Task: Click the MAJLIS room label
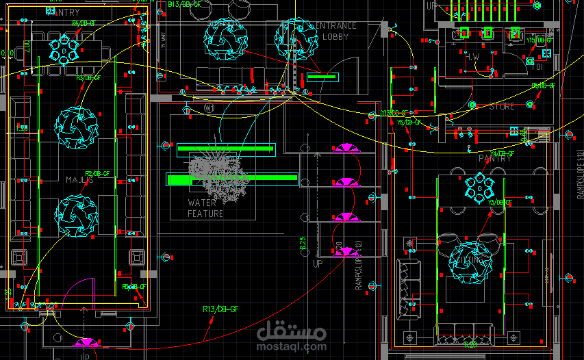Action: (80, 179)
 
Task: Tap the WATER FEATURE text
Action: (205, 208)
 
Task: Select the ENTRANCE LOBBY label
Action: (335, 31)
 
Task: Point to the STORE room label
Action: (502, 107)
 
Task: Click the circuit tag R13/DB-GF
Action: (220, 310)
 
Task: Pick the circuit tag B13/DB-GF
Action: (184, 4)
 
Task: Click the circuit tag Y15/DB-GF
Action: (539, 40)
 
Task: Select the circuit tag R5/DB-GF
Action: (134, 287)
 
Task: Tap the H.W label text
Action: (472, 56)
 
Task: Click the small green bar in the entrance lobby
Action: (322, 77)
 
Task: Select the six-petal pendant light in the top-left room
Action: (63, 49)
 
